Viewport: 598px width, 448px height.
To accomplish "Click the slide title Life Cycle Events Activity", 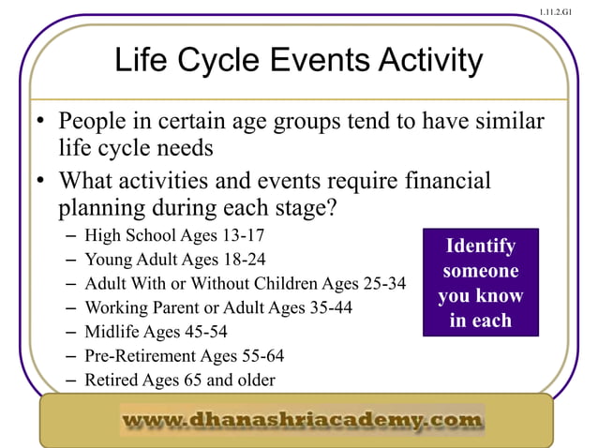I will (298, 62).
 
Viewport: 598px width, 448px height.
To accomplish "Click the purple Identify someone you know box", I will (480, 283).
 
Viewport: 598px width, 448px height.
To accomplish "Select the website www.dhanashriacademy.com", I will (302, 420).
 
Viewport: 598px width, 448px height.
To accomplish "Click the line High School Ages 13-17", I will (168, 235).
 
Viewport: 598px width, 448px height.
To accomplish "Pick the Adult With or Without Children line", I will (245, 283).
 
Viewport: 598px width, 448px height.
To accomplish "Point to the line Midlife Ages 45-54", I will (156, 332).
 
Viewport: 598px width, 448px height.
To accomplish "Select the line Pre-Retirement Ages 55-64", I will (184, 356).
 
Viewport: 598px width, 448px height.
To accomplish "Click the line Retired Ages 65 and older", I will (180, 380).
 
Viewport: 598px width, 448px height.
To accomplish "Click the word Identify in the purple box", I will (480, 246).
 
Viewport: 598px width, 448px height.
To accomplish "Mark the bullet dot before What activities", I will (41, 181).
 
